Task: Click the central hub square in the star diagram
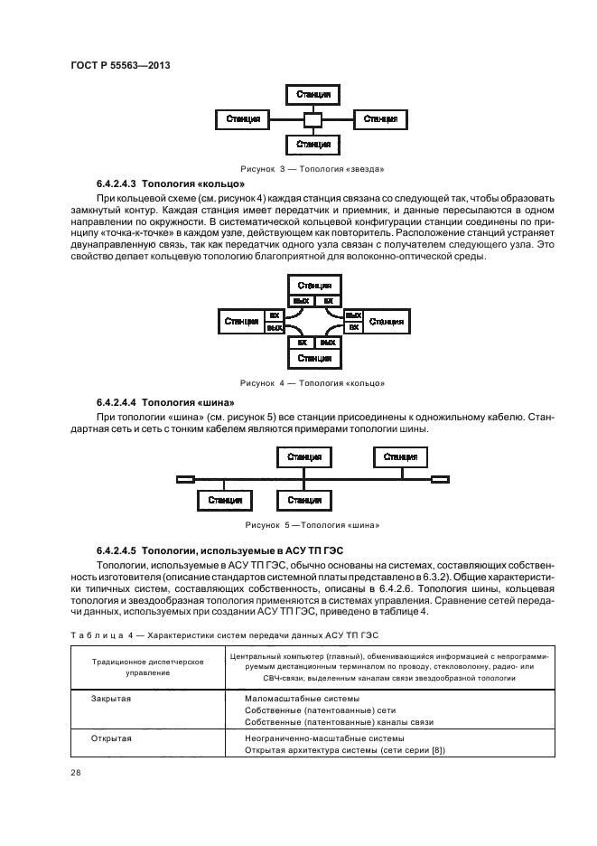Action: (x=312, y=119)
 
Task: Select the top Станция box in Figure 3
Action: (x=312, y=94)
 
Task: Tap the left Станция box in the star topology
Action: (x=243, y=119)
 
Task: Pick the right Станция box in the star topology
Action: (x=379, y=119)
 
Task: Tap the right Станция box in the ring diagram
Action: (x=386, y=322)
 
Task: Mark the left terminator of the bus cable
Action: (x=185, y=479)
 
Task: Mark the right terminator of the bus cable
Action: (x=440, y=479)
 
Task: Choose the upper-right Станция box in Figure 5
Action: (x=399, y=458)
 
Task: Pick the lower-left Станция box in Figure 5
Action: (x=225, y=500)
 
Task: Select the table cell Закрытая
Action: (x=110, y=699)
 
